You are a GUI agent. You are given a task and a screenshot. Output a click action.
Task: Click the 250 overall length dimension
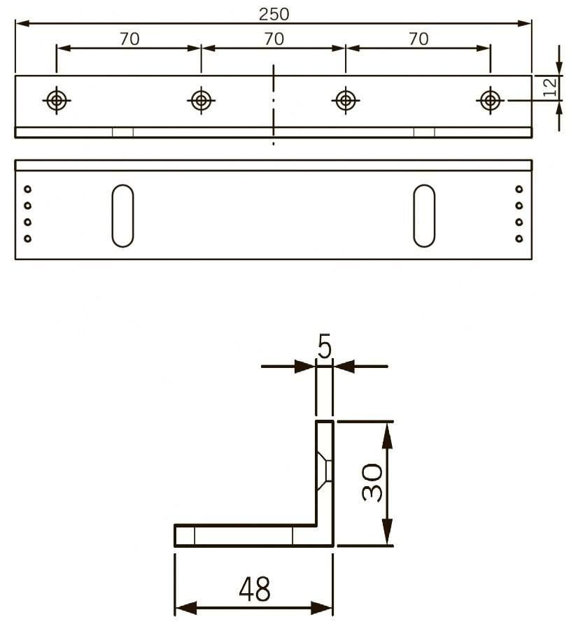[x=273, y=13]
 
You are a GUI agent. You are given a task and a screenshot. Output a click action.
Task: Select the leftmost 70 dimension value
[x=129, y=39]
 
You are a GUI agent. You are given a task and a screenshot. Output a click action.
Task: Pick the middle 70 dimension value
[x=274, y=39]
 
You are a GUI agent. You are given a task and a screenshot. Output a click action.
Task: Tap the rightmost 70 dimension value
[x=418, y=39]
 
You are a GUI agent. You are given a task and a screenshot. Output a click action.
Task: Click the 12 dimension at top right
[x=550, y=86]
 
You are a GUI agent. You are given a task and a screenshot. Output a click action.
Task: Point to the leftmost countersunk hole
[x=57, y=100]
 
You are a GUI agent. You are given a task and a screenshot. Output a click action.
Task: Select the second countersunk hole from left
[x=201, y=100]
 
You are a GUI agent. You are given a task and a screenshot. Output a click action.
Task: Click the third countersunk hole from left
[x=344, y=100]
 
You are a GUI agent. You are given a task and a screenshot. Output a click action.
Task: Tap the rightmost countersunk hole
[x=490, y=100]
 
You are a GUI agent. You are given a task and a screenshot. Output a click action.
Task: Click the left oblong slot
[x=122, y=215]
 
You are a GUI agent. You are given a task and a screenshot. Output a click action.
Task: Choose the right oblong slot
[x=423, y=215]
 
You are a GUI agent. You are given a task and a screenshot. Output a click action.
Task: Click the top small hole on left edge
[x=28, y=189]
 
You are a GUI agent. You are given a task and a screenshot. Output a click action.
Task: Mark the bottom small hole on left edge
[x=28, y=239]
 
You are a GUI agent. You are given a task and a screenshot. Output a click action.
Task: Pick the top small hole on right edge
[x=519, y=189]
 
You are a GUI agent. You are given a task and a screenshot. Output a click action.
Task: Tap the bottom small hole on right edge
[x=519, y=239]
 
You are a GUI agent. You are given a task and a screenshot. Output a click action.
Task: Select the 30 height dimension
[x=372, y=482]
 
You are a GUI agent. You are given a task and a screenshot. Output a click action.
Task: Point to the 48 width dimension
[x=255, y=590]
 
